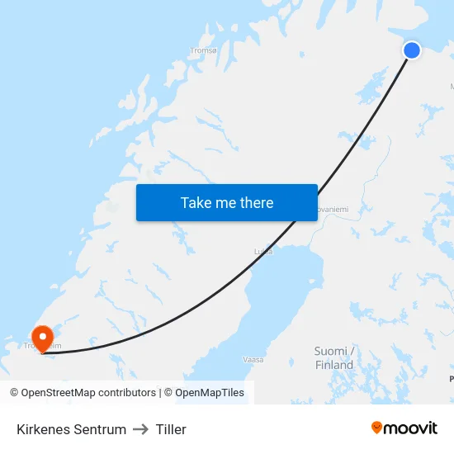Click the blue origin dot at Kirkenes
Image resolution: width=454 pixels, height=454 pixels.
(411, 50)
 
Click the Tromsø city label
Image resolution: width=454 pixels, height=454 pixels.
(203, 50)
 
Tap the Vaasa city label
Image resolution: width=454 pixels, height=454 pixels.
(253, 359)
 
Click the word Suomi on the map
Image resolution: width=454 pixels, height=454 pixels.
(331, 351)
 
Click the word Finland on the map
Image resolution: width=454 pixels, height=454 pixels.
(334, 365)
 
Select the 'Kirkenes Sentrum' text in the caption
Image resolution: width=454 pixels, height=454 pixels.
(71, 429)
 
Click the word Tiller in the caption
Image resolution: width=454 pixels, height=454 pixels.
(171, 429)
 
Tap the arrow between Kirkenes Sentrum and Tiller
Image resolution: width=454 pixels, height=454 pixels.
(140, 429)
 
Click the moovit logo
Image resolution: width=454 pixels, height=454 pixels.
(404, 428)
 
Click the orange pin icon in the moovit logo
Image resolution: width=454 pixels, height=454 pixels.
(377, 428)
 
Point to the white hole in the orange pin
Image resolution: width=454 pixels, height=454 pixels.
(41, 335)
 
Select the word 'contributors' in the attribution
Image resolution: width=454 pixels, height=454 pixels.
(126, 393)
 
